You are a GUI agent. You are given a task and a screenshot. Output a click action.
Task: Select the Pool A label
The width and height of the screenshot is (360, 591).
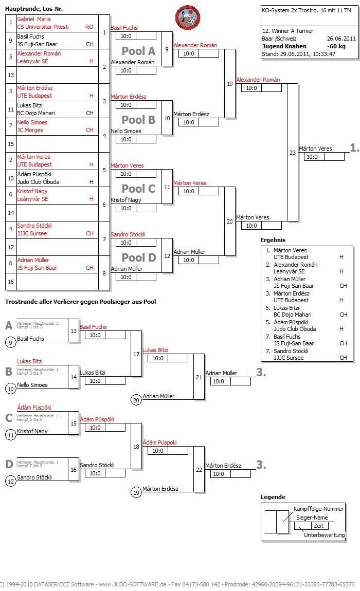pos(138,51)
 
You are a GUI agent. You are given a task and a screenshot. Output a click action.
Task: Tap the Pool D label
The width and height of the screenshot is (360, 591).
pos(138,257)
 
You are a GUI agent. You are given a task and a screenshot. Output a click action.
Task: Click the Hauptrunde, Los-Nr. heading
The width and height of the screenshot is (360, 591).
pos(34,9)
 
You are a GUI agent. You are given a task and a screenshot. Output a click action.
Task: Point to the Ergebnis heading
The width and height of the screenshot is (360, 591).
pos(273,240)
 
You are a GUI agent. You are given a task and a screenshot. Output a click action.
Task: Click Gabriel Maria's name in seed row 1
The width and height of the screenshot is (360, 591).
pos(34,19)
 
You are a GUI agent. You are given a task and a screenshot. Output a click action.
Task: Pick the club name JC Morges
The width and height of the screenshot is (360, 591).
pos(32,130)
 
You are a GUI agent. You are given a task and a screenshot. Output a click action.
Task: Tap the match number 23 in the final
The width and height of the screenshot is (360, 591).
pos(293,152)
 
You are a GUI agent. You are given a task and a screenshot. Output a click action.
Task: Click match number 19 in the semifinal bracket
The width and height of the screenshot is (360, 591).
pos(229,84)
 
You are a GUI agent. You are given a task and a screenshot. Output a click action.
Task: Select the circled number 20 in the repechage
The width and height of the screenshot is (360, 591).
pos(136,400)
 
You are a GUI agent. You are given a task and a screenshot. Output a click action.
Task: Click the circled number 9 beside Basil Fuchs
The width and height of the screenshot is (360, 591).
pos(10,342)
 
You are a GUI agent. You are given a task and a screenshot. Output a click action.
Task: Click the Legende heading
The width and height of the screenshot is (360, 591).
pos(273,497)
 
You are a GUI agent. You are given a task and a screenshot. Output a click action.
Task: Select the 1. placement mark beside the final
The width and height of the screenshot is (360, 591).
pos(354,147)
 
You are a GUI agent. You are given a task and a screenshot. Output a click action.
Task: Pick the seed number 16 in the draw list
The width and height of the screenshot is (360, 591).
pos(10,282)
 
